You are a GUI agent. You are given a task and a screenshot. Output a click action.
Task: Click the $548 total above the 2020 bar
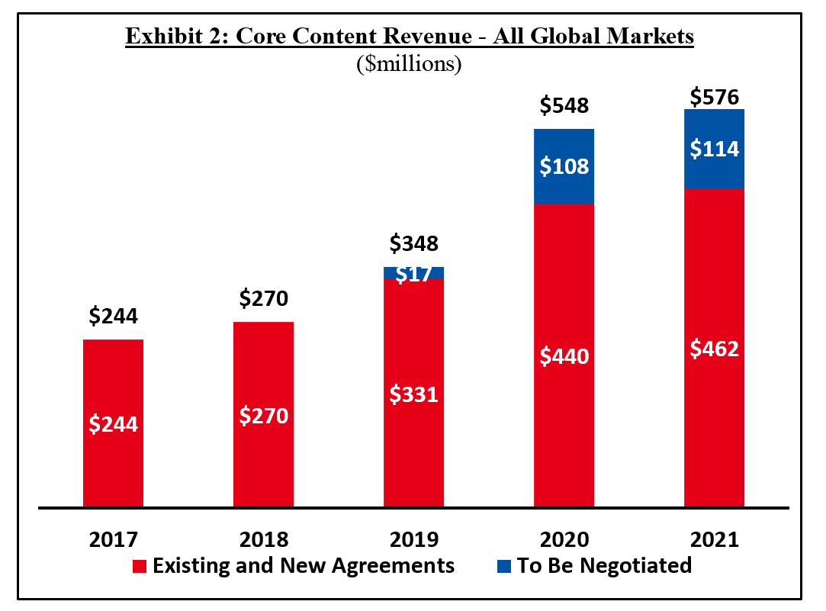pos(564,105)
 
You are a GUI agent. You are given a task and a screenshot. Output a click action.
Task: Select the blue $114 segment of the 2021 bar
pos(715,149)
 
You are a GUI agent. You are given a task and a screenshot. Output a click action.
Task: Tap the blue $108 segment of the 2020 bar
pos(564,166)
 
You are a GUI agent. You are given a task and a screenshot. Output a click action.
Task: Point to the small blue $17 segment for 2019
pos(414,273)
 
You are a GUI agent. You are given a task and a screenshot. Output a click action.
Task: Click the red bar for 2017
pos(114,423)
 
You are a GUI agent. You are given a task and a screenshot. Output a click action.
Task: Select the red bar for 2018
pos(264,415)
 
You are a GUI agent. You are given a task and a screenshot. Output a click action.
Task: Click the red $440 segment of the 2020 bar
pos(564,355)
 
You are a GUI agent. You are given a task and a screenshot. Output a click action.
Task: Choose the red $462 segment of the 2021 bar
pos(715,348)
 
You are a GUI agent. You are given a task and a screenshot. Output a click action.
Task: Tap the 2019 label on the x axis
pos(414,539)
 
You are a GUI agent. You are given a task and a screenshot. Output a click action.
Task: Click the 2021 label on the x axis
pos(715,539)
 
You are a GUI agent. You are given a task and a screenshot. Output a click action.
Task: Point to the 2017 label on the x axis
pos(114,539)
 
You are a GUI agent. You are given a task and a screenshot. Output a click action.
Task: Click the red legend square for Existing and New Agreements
pos(140,567)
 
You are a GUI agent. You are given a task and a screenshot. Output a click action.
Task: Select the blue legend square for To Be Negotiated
pos(503,567)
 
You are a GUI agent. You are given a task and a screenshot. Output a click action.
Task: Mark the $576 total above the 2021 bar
pos(715,97)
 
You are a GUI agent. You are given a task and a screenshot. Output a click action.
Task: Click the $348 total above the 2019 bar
pos(414,244)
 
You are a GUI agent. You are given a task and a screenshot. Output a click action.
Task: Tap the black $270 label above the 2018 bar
pos(264,298)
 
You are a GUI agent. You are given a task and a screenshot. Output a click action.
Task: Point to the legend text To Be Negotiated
pos(604,566)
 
